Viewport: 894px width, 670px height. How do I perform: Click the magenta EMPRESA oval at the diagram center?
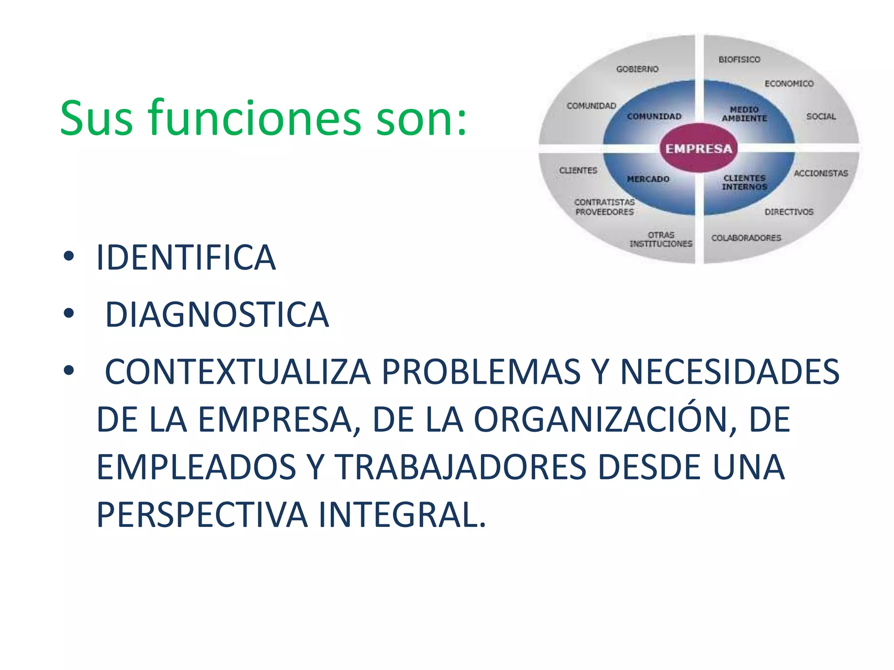pyautogui.click(x=698, y=148)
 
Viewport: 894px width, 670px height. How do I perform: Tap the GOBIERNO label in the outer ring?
pyautogui.click(x=637, y=69)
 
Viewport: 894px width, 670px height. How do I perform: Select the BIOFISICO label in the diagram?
pyautogui.click(x=739, y=59)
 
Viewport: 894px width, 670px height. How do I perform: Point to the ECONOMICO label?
pyautogui.click(x=789, y=83)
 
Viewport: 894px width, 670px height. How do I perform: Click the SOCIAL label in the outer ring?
pyautogui.click(x=821, y=116)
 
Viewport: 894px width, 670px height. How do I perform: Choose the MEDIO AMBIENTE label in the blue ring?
pyautogui.click(x=744, y=114)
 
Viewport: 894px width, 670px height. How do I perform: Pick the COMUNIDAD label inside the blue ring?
pyautogui.click(x=654, y=116)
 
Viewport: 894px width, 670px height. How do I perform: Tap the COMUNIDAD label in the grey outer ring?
pyautogui.click(x=591, y=106)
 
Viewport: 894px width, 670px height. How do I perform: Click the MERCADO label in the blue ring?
pyautogui.click(x=648, y=179)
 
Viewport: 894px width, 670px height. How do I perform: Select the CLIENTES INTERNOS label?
pyautogui.click(x=744, y=182)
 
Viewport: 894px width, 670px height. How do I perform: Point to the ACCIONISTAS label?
pyautogui.click(x=821, y=173)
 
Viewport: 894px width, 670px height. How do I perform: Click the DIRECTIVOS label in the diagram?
pyautogui.click(x=789, y=212)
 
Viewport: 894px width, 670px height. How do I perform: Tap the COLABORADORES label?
pyautogui.click(x=746, y=238)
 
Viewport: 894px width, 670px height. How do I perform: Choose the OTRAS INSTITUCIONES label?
pyautogui.click(x=661, y=239)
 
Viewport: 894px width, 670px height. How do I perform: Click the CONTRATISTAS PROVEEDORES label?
pyautogui.click(x=604, y=207)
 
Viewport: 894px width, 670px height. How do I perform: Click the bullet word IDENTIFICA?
pyautogui.click(x=186, y=258)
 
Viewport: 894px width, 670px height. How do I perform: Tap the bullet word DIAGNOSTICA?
pyautogui.click(x=217, y=314)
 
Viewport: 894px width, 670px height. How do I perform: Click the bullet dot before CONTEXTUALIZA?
pyautogui.click(x=69, y=370)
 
